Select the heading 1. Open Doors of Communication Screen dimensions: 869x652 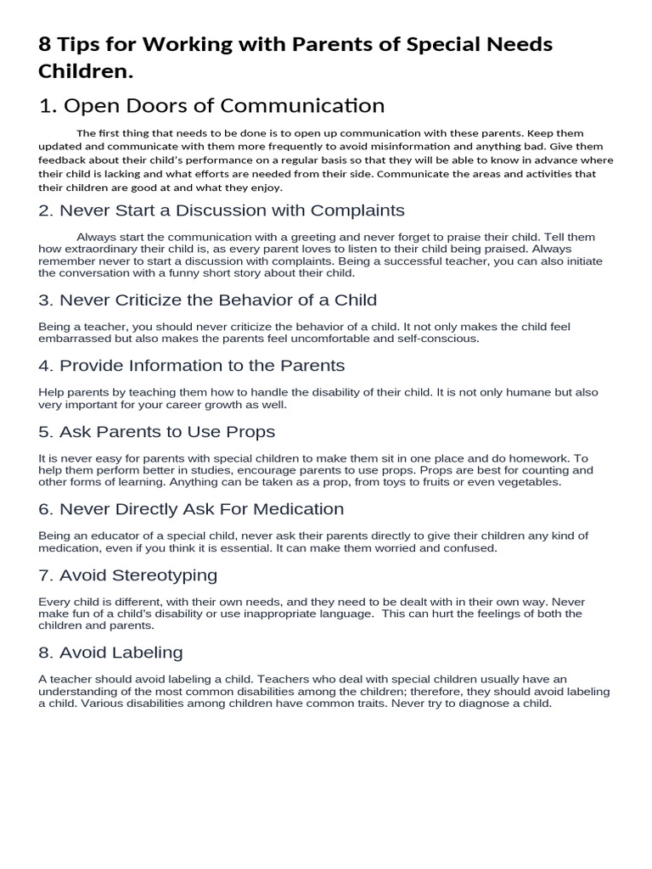(211, 106)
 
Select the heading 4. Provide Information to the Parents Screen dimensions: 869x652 (191, 366)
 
